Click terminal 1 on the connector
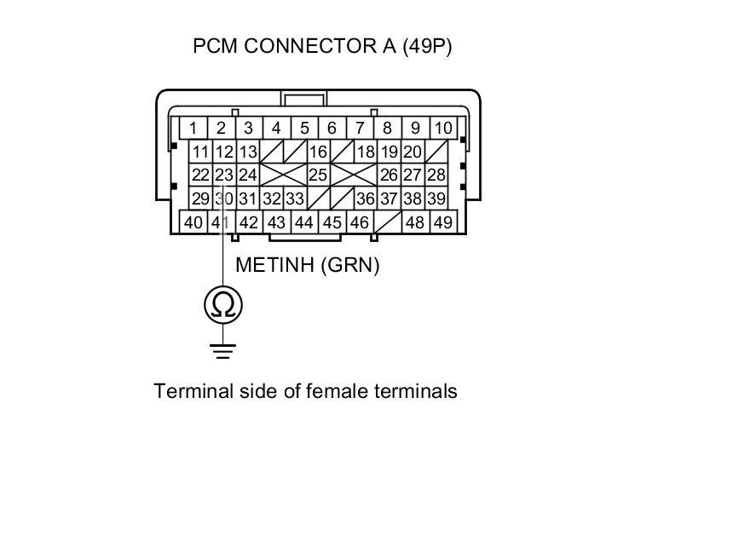pos(193,129)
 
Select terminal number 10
pos(443,129)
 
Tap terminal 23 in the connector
pos(223,175)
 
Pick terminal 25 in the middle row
pos(318,175)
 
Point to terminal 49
pos(443,222)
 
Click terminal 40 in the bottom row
pos(193,222)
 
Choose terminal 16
pos(318,153)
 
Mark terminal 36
pos(366,199)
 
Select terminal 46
pos(360,222)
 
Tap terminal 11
pos(200,153)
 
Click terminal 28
pos(436,175)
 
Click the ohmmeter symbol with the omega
pos(223,304)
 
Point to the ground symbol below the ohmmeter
pos(223,349)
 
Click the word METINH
pos(275,265)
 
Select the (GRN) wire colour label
pos(350,265)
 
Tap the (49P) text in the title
pos(427,46)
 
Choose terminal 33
pos(295,199)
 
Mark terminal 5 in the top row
pos(304,129)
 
